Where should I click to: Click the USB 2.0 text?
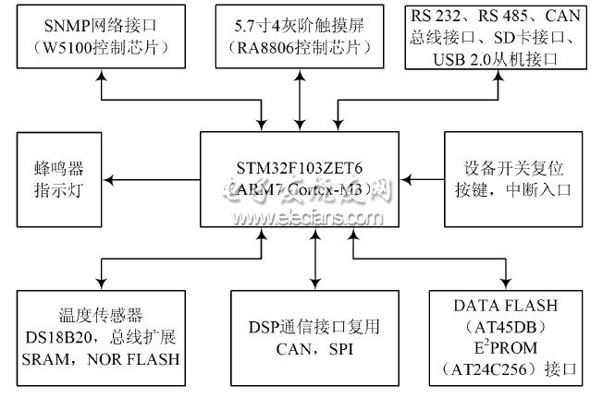click(x=464, y=58)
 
